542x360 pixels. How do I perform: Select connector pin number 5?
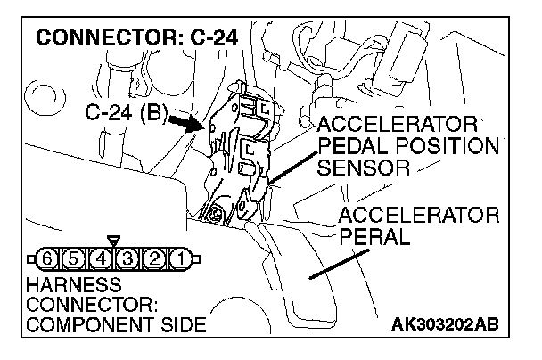pyautogui.click(x=67, y=260)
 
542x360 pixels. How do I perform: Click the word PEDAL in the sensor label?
pyautogui.click(x=348, y=144)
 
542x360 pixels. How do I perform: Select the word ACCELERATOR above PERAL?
pyautogui.click(x=418, y=216)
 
